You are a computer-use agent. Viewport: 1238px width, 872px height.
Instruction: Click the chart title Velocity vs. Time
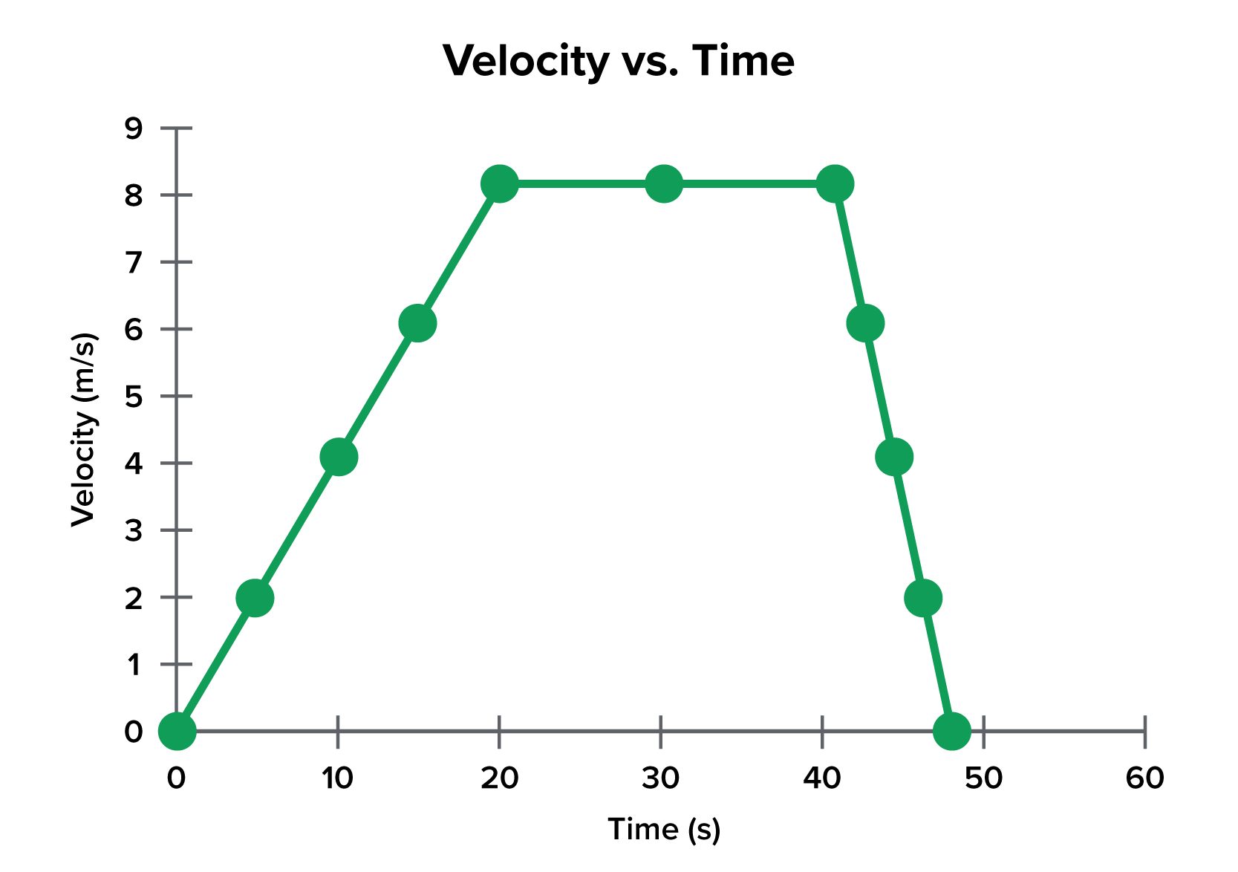pyautogui.click(x=619, y=61)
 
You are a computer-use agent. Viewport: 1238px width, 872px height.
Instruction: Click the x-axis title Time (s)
pyautogui.click(x=664, y=830)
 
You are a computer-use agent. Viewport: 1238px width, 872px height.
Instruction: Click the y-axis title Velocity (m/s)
pyautogui.click(x=84, y=430)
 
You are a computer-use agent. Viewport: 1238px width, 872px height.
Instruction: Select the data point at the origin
pyautogui.click(x=177, y=731)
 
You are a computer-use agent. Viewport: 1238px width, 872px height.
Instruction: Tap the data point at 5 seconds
pyautogui.click(x=255, y=598)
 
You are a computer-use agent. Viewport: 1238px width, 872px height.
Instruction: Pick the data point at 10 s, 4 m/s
pyautogui.click(x=339, y=457)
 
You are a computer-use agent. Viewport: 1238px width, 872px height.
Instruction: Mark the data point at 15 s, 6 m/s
pyautogui.click(x=417, y=323)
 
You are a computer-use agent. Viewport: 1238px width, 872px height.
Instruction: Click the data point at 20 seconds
pyautogui.click(x=499, y=183)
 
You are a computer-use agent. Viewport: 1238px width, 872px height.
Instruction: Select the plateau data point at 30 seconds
pyautogui.click(x=663, y=183)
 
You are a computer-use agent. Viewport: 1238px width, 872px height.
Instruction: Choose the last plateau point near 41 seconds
pyautogui.click(x=835, y=183)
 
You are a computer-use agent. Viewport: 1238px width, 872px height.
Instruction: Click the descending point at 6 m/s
pyautogui.click(x=865, y=323)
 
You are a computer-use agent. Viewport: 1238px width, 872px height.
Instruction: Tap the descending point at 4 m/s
pyautogui.click(x=894, y=457)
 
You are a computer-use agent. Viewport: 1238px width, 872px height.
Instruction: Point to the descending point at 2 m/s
pyautogui.click(x=923, y=598)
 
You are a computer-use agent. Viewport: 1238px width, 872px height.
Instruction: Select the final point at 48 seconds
pyautogui.click(x=951, y=731)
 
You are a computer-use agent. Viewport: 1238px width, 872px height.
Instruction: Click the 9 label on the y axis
pyautogui.click(x=134, y=128)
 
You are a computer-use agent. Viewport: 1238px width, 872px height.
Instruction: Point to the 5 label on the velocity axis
pyautogui.click(x=134, y=397)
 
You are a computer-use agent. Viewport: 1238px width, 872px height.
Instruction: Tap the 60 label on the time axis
pyautogui.click(x=1144, y=778)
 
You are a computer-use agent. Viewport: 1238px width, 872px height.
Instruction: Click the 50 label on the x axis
pyautogui.click(x=983, y=778)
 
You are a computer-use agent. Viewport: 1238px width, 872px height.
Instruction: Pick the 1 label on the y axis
pyautogui.click(x=134, y=665)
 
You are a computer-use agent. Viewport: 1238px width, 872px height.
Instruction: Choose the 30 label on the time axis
pyautogui.click(x=660, y=778)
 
